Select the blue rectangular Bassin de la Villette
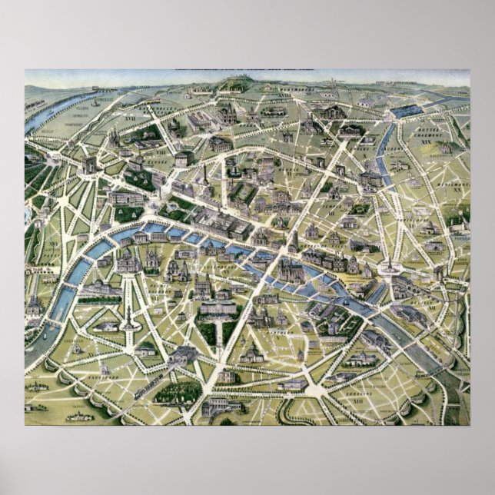tap(407, 111)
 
